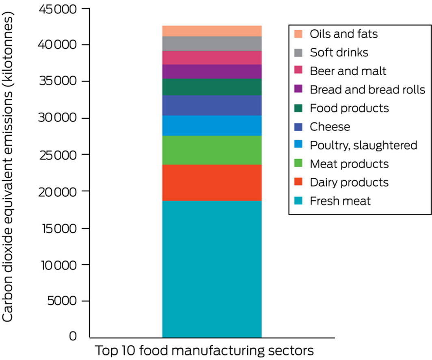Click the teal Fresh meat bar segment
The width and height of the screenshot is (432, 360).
point(212,269)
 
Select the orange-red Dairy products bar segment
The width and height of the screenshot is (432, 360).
point(212,182)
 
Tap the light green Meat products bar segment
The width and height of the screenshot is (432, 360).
point(212,150)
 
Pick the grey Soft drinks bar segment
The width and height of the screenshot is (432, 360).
point(212,43)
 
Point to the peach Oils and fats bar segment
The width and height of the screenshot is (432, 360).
point(212,31)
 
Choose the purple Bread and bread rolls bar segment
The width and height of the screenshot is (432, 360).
point(212,72)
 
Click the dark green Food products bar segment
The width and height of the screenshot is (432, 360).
point(212,87)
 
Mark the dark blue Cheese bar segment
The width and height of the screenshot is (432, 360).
point(212,105)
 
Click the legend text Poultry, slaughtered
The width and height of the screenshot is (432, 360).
point(363,145)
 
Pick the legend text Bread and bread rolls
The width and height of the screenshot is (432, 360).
point(367,89)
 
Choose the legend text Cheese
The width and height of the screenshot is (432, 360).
point(329,126)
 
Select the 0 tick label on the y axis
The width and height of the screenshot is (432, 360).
point(73,336)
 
